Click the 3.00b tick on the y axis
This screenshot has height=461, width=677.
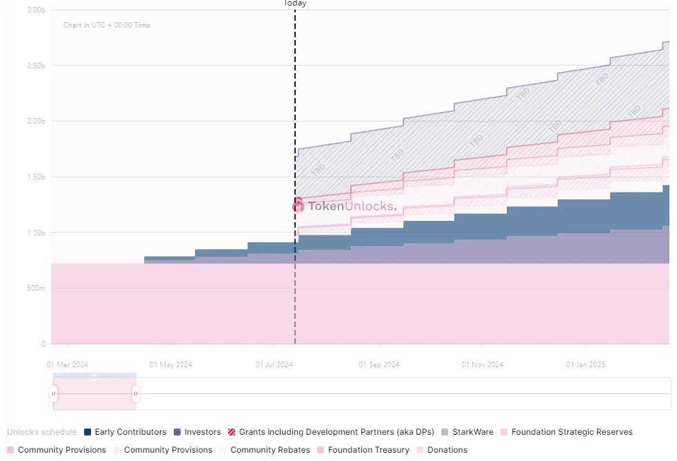click(x=36, y=10)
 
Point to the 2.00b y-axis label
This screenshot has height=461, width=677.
click(x=36, y=121)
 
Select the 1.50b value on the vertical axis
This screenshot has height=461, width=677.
click(x=36, y=177)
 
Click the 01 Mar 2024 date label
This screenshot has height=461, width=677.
click(x=68, y=364)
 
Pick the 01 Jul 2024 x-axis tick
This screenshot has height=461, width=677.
click(x=274, y=364)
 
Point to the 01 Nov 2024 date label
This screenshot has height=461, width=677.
click(x=483, y=364)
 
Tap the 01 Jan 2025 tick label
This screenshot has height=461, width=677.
click(x=586, y=364)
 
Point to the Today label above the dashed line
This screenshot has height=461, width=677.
click(x=295, y=3)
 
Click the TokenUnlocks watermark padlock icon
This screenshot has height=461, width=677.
click(x=299, y=205)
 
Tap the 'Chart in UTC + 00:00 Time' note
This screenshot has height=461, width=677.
click(x=107, y=26)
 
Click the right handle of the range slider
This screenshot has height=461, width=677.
click(x=136, y=393)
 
